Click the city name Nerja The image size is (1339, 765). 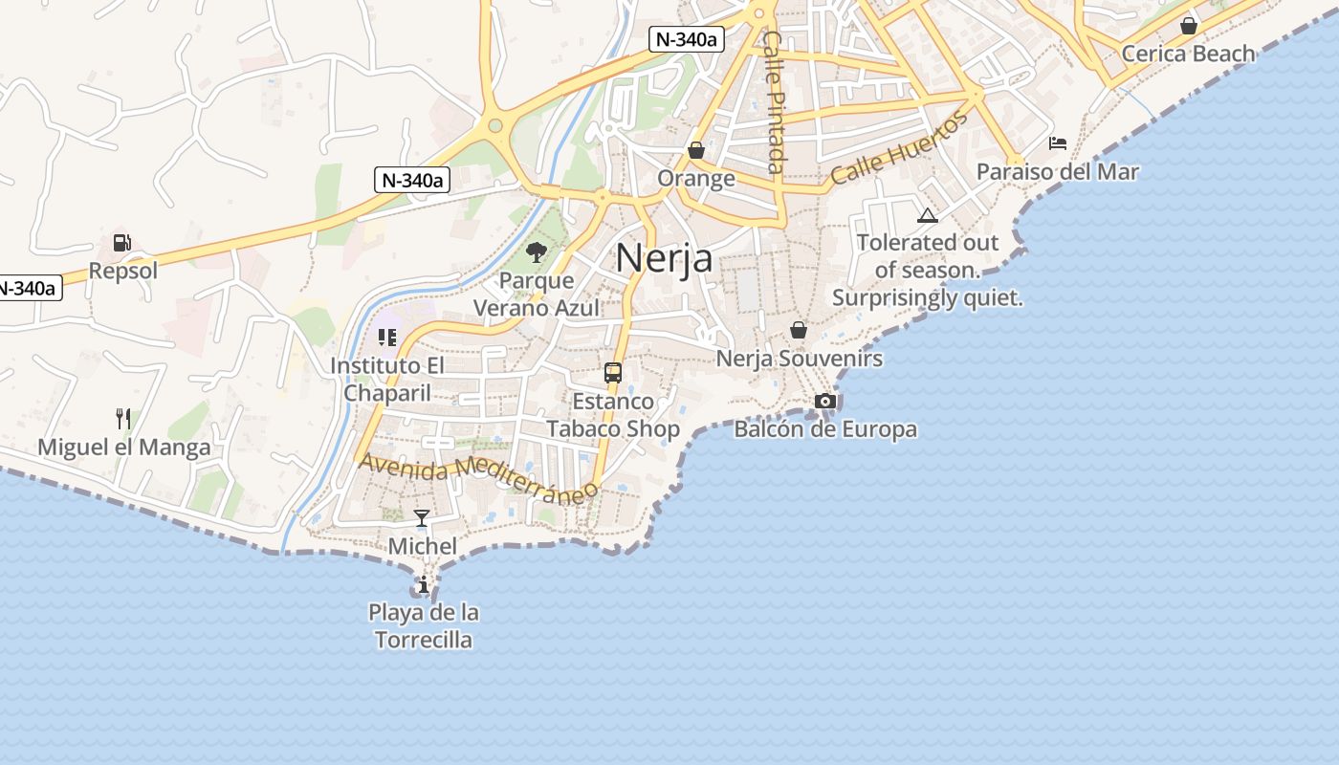coord(664,258)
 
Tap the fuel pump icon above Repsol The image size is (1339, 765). coord(122,243)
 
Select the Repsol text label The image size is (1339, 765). coord(123,271)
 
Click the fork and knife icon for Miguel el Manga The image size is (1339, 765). coord(123,419)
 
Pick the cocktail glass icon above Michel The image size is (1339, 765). coord(422,518)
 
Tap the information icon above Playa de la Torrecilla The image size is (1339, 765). coord(424,584)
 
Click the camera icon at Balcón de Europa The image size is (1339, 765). coord(825,401)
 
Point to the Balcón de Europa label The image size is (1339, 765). coord(825,429)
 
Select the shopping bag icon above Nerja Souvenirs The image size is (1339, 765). coord(799,330)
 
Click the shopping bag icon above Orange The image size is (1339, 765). coord(696,150)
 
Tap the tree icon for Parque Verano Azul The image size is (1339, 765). coord(537,252)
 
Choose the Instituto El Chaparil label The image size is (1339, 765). coord(387,379)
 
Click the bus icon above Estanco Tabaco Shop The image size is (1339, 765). coord(613,373)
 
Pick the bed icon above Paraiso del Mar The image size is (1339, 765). coord(1058,143)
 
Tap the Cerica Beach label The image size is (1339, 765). coord(1188,54)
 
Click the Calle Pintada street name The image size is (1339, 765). coord(774,101)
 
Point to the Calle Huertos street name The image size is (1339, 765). coord(899,147)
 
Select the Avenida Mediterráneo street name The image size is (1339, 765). coord(478,475)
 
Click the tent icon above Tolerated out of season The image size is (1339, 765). coord(927,215)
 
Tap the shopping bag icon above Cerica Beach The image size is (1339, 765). coord(1189,26)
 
